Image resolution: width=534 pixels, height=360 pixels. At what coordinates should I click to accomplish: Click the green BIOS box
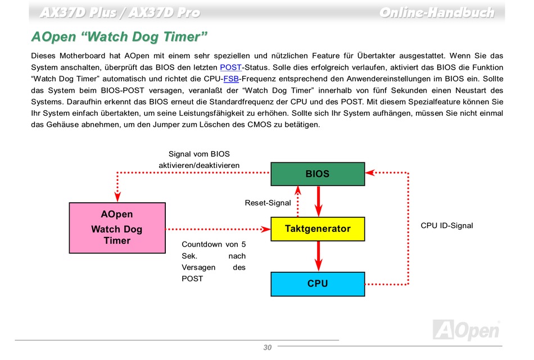pyautogui.click(x=318, y=174)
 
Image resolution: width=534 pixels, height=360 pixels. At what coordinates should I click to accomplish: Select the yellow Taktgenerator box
pyautogui.click(x=318, y=229)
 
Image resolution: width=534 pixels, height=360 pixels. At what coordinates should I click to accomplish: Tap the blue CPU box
pyautogui.click(x=318, y=284)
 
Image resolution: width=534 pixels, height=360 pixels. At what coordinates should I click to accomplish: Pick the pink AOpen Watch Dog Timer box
pyautogui.click(x=117, y=228)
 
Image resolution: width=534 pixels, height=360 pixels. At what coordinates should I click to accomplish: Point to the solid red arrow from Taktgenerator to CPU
pyautogui.click(x=318, y=256)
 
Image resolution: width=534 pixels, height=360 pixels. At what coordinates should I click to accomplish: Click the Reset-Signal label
pyautogui.click(x=268, y=203)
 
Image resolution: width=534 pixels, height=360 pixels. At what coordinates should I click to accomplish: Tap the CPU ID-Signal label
pyautogui.click(x=447, y=225)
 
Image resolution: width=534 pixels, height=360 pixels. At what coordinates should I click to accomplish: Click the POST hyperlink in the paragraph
pyautogui.click(x=230, y=67)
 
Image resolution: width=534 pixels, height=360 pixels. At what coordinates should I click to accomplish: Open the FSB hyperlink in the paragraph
pyautogui.click(x=231, y=79)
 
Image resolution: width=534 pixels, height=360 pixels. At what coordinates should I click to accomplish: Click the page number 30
pyautogui.click(x=267, y=348)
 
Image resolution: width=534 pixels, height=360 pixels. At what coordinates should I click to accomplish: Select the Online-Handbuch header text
pyautogui.click(x=436, y=12)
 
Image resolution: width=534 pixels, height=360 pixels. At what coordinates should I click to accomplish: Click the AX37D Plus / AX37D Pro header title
pyautogui.click(x=120, y=12)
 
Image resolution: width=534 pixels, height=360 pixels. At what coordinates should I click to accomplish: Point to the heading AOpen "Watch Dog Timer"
pyautogui.click(x=120, y=38)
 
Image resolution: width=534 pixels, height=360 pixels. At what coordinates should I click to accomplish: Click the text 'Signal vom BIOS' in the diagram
pyautogui.click(x=199, y=154)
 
